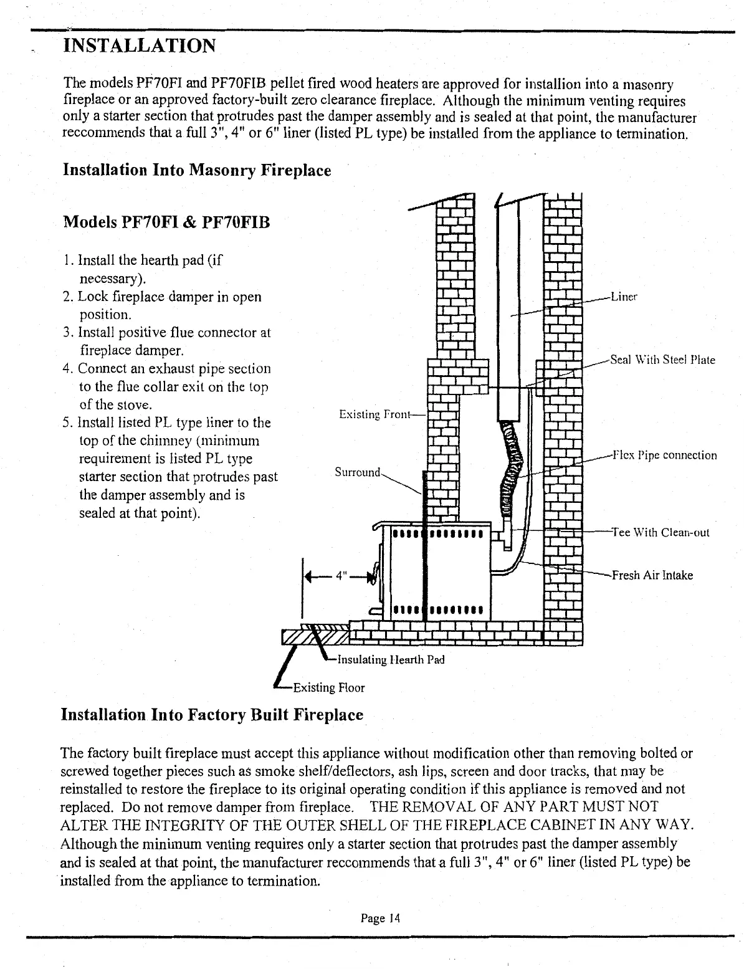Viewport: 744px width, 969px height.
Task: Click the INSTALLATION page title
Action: [140, 45]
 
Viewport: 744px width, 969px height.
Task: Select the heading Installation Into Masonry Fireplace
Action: [197, 169]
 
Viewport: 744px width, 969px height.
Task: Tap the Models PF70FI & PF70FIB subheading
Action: [167, 222]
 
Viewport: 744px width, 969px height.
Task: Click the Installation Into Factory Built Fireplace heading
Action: [212, 714]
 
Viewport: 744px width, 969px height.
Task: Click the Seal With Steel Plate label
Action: [662, 360]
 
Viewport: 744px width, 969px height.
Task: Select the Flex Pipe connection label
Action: [664, 455]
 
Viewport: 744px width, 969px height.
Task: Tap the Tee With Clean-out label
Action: [661, 532]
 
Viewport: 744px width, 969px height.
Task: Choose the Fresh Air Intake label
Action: [652, 575]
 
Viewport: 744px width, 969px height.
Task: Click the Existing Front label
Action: [375, 414]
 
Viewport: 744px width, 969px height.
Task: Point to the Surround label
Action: [357, 472]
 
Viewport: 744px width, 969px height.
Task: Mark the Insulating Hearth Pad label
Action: [390, 659]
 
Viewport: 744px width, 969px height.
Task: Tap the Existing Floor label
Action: [328, 688]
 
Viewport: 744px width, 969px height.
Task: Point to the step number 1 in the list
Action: [68, 260]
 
